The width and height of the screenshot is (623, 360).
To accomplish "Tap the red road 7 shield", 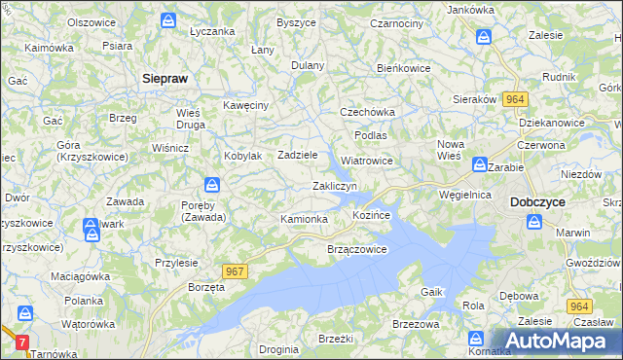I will pyautogui.click(x=23, y=343).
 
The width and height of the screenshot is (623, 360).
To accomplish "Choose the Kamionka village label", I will pyautogui.click(x=304, y=219).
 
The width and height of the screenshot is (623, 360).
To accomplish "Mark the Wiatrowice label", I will pyautogui.click(x=366, y=161).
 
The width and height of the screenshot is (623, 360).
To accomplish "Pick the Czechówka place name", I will pyautogui.click(x=365, y=112).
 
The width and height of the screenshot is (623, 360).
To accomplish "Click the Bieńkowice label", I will pyautogui.click(x=404, y=68).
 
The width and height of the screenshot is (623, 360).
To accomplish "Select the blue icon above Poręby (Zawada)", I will pyautogui.click(x=212, y=185).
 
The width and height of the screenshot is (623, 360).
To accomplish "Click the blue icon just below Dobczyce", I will pyautogui.click(x=534, y=222).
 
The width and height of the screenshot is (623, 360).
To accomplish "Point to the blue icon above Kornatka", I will pyautogui.click(x=476, y=338).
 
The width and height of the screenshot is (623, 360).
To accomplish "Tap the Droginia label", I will pyautogui.click(x=279, y=348).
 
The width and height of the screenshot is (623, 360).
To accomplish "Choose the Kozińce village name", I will pyautogui.click(x=371, y=214).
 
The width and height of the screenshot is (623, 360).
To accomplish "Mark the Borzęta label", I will pyautogui.click(x=206, y=289).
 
